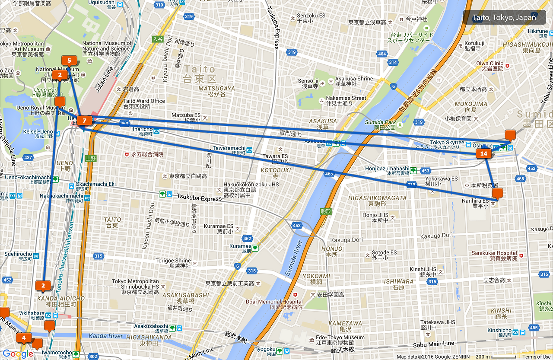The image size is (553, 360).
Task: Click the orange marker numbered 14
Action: pyautogui.click(x=484, y=153)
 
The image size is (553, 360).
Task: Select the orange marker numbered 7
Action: pyautogui.click(x=85, y=121)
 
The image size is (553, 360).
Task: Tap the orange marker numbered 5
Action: pyautogui.click(x=69, y=61)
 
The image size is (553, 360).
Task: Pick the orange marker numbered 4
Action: pyautogui.click(x=24, y=338)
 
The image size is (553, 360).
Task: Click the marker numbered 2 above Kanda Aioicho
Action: pyautogui.click(x=43, y=285)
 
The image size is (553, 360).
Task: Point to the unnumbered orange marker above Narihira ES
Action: pyautogui.click(x=498, y=193)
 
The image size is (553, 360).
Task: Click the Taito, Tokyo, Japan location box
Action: pyautogui.click(x=504, y=18)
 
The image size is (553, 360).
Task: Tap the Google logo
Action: pyautogui.click(x=18, y=354)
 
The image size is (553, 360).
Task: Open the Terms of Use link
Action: pyautogui.click(x=536, y=357)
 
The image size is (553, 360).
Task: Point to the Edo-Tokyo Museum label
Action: pyautogui.click(x=340, y=338)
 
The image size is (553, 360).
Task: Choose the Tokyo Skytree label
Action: pyautogui.click(x=447, y=143)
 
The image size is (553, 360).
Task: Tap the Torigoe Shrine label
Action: pyautogui.click(x=173, y=261)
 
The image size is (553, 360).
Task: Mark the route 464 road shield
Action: pyautogui.click(x=381, y=54)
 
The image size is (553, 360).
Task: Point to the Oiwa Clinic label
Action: pyautogui.click(x=489, y=64)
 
